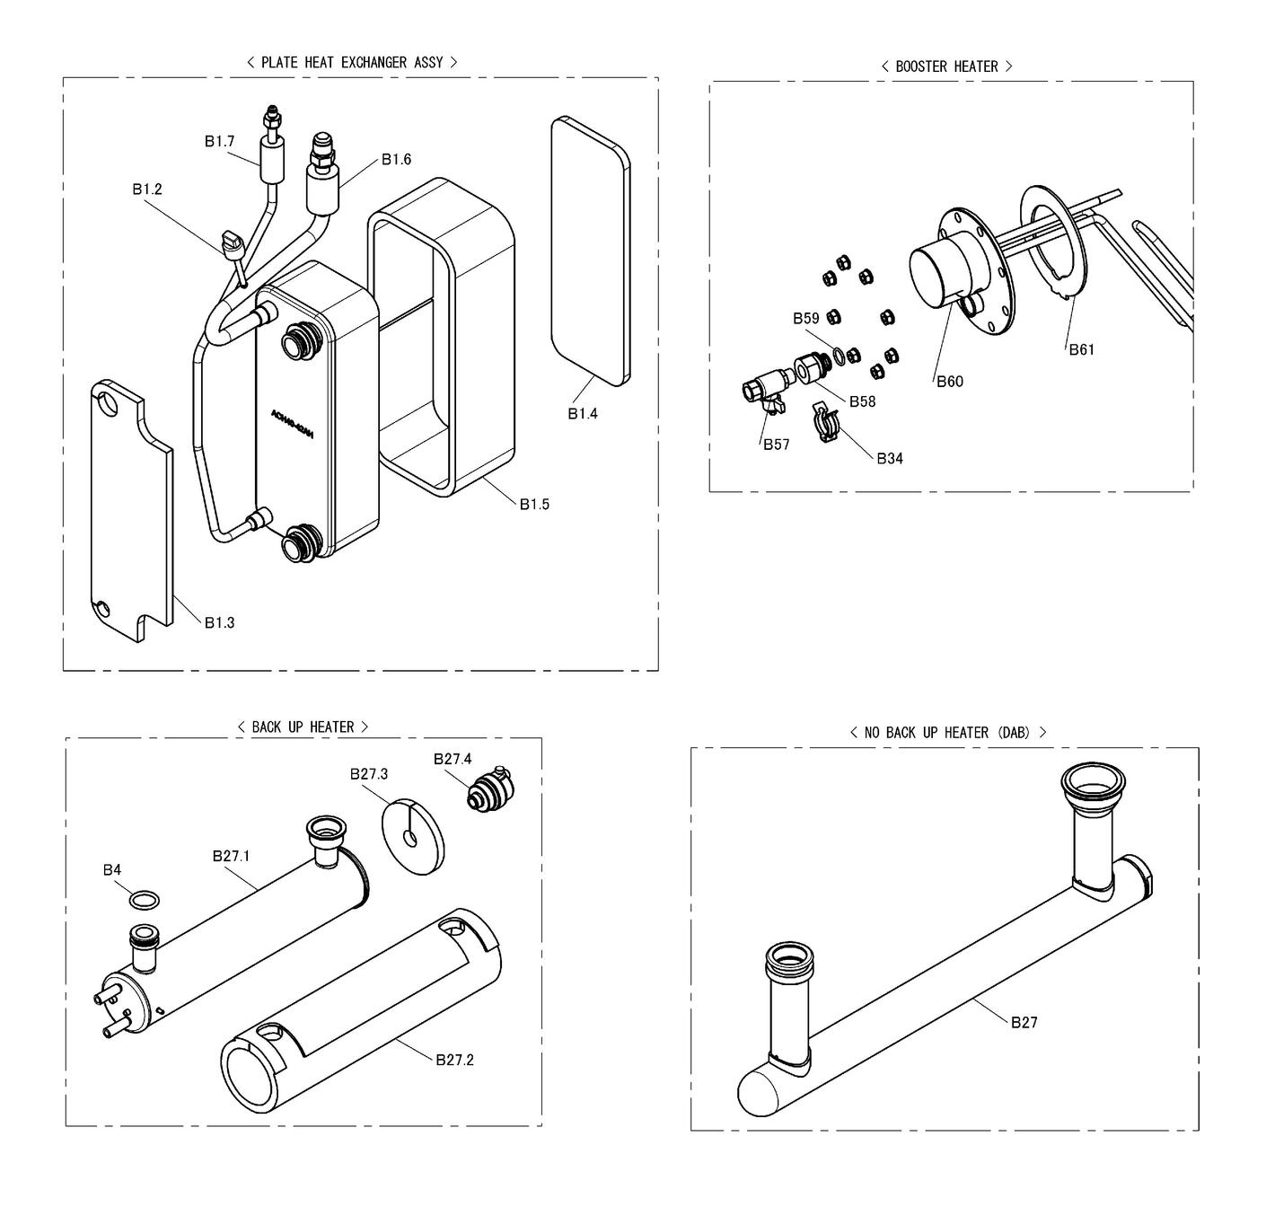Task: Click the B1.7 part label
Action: (x=218, y=141)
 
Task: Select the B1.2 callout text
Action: (x=147, y=189)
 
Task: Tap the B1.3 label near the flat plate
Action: (x=219, y=622)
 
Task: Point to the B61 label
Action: (x=1082, y=349)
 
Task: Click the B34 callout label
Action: (x=890, y=458)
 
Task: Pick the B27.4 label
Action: (x=453, y=759)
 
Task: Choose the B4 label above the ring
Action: (x=111, y=869)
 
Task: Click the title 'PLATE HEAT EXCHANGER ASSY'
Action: (x=352, y=62)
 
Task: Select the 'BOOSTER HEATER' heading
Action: (x=946, y=66)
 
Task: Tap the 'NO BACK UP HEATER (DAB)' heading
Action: (x=947, y=733)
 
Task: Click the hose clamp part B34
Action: (x=826, y=422)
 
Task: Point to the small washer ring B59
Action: (x=837, y=356)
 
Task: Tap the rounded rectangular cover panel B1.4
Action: (x=588, y=251)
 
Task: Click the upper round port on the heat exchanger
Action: (x=296, y=342)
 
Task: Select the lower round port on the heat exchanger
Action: (x=298, y=545)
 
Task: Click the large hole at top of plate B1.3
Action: (x=109, y=401)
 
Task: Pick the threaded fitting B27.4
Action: (x=490, y=790)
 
